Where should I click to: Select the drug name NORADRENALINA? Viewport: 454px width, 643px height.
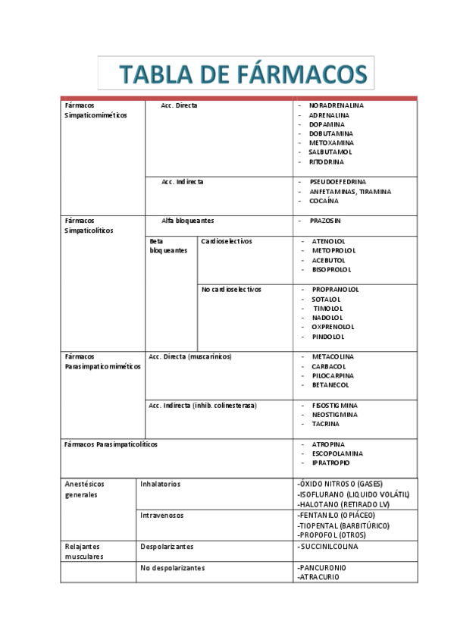coord(336,105)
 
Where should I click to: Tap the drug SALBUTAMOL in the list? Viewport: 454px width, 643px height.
coord(330,152)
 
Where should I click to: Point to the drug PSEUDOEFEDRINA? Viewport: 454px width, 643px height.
coord(337,182)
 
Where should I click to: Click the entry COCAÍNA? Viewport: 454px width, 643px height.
coord(324,201)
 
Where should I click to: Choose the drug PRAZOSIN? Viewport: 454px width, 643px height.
coord(325,221)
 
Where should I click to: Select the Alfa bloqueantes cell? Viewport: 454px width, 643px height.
coord(188,221)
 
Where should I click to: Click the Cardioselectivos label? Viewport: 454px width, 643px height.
coord(227,241)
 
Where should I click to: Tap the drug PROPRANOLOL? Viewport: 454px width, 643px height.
coord(335,290)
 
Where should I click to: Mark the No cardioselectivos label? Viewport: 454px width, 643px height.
coord(231,290)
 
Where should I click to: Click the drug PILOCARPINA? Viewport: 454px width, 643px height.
coord(333,375)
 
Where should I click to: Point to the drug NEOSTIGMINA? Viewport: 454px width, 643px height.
coord(335,415)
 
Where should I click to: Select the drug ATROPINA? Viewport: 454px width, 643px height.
coord(327,444)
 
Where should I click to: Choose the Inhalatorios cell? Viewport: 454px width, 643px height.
coord(161,484)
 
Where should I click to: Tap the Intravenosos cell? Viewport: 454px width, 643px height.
coord(162,515)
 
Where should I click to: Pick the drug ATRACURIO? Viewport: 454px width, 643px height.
coord(318,577)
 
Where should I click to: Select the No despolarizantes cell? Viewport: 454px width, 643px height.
coord(173,567)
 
